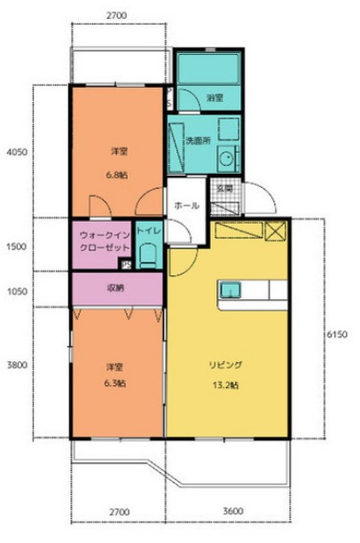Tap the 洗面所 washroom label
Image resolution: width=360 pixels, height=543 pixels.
(197, 139)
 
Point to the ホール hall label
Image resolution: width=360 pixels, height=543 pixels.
(186, 205)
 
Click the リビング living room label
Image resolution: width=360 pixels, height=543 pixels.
(226, 365)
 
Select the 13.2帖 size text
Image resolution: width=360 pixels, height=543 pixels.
(226, 384)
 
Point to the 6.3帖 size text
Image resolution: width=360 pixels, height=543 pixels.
(115, 383)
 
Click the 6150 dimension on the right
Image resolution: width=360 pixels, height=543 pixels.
(337, 334)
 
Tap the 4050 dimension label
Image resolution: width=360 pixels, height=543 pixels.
(17, 152)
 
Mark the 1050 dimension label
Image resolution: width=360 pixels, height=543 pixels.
(17, 290)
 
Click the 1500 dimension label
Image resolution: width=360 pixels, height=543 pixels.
(17, 248)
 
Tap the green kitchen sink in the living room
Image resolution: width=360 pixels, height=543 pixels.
(231, 289)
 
